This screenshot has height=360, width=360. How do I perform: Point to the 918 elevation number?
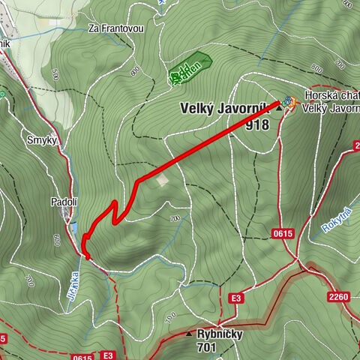click(256, 125)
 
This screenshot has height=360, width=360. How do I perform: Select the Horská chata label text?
click(331, 96)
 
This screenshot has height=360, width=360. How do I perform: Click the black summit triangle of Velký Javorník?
click(280, 109)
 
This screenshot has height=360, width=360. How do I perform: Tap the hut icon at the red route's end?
click(288, 100)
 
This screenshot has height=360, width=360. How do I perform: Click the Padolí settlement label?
click(64, 202)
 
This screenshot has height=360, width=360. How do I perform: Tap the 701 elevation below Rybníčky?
click(207, 348)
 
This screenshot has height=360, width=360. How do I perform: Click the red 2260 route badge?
click(338, 297)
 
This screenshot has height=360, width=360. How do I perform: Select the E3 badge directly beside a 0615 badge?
click(108, 355)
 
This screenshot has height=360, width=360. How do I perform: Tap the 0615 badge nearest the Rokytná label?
click(283, 234)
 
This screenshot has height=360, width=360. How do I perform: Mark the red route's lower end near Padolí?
click(89, 257)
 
